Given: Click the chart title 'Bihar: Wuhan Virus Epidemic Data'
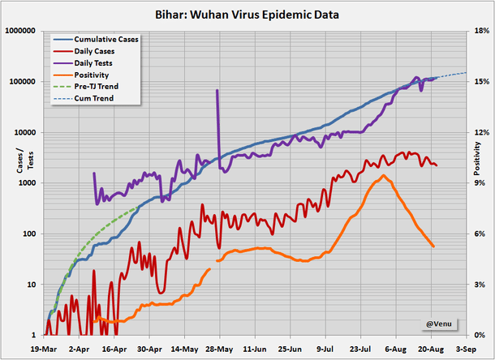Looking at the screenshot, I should pos(247,14).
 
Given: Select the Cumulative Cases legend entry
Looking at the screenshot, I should pos(105,39).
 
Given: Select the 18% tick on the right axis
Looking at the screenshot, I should pos(480,31).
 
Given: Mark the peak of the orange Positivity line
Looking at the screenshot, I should pos(383,176).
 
